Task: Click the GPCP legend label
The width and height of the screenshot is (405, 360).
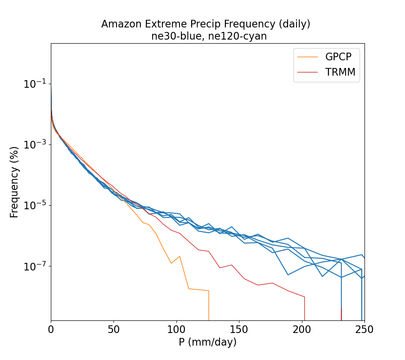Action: [x=338, y=57]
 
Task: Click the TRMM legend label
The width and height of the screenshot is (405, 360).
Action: [x=340, y=72]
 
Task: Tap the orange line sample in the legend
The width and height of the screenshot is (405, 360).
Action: [x=307, y=57]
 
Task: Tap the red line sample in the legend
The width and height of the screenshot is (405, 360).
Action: [x=307, y=72]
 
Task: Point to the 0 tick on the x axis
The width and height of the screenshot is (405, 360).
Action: [x=51, y=330]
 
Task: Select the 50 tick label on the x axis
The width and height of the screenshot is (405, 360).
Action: [x=114, y=330]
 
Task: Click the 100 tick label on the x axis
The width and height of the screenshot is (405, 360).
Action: [x=176, y=330]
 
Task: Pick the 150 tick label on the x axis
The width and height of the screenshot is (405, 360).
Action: [x=239, y=330]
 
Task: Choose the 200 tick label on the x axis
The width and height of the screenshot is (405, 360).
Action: [x=302, y=330]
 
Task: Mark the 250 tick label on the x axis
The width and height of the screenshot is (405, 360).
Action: [x=364, y=330]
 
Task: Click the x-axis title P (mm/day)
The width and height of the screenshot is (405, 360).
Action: [x=207, y=342]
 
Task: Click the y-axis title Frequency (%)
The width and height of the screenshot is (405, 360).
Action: [x=14, y=182]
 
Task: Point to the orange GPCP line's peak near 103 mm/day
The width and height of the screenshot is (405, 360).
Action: [x=180, y=256]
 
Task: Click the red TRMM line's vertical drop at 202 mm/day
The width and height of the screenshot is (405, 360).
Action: [x=305, y=308]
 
